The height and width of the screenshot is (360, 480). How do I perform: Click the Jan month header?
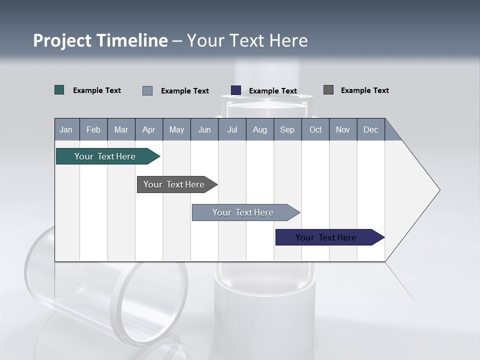tap(66, 129)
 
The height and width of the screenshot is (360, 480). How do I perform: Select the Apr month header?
tap(148, 129)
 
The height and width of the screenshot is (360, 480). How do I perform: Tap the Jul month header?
tap(232, 129)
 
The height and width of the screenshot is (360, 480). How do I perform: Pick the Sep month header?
tap(287, 129)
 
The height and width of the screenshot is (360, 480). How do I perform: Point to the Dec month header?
tap(370, 129)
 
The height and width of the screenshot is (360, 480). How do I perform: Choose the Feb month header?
tap(93, 129)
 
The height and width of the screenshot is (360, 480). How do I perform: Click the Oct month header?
tap(315, 129)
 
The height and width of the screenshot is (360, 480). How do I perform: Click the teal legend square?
tap(59, 90)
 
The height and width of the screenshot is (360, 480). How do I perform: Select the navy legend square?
tap(236, 90)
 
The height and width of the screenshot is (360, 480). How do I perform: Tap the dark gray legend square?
tap(328, 90)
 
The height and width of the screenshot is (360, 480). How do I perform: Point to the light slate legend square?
tap(147, 90)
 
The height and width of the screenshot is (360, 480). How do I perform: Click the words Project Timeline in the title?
tap(100, 40)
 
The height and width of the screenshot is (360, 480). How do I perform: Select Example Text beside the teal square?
tap(97, 90)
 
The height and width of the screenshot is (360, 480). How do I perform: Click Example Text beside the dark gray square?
tap(365, 90)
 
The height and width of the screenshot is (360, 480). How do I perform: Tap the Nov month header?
tap(343, 129)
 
